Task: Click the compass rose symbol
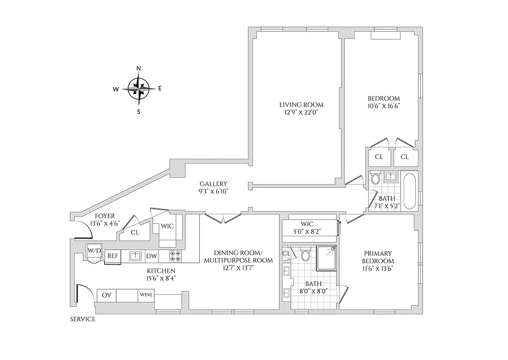[138, 89]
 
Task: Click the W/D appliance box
[94, 250]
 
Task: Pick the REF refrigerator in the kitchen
[112, 256]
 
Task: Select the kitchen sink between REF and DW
[135, 256]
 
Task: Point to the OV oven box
[107, 296]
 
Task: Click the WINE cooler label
[146, 296]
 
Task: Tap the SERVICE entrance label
[82, 319]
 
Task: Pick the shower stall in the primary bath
[327, 258]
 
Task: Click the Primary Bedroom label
[378, 257]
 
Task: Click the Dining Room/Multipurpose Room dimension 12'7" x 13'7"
[238, 268]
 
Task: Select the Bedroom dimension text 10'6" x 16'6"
[383, 106]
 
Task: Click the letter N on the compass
[139, 68]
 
